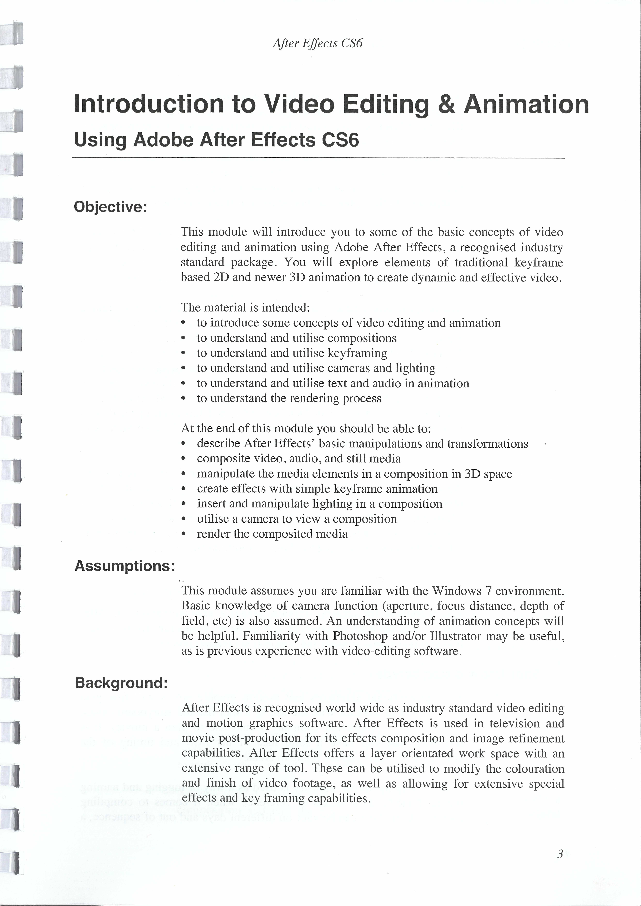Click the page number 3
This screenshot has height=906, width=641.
pos(560,854)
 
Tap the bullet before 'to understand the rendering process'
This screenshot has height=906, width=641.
pos(183,399)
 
